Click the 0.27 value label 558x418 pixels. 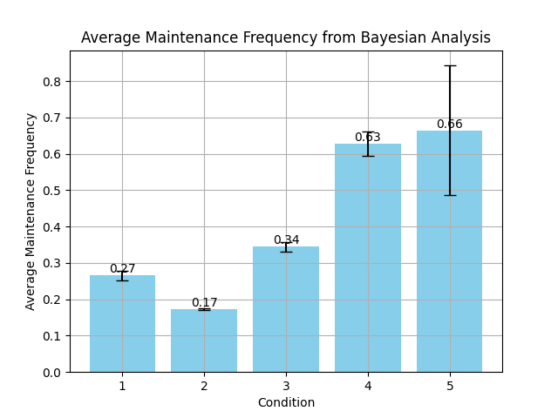click(122, 269)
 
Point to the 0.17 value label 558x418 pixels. click(204, 303)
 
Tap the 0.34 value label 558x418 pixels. click(286, 240)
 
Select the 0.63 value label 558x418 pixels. click(368, 138)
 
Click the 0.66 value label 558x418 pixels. click(450, 125)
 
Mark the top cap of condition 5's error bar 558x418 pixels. click(450, 65)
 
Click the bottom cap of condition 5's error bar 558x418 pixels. click(450, 195)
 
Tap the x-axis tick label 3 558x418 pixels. click(286, 386)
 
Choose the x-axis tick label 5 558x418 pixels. click(450, 386)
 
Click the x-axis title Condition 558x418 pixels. click(286, 402)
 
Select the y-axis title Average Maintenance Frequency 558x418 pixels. click(31, 212)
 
